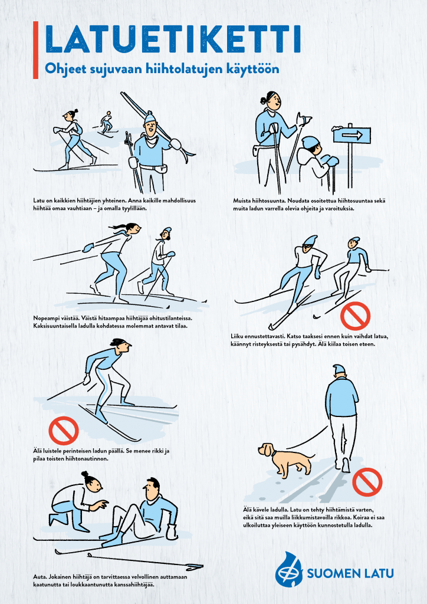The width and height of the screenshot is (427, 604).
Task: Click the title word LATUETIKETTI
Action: tap(173, 39)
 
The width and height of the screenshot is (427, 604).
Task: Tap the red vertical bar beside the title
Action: tap(36, 50)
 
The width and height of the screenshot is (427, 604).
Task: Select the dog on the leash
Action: tap(284, 459)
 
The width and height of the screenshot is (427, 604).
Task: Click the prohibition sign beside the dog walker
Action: tap(367, 482)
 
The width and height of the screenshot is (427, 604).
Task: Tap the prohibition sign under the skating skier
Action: tap(64, 431)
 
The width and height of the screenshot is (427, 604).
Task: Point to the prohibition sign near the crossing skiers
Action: tap(355, 316)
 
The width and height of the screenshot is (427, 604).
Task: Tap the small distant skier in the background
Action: tap(106, 123)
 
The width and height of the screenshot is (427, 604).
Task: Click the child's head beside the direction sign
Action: tap(312, 145)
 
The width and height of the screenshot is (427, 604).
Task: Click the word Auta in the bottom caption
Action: tap(38, 577)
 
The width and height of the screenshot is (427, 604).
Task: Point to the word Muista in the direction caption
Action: tap(241, 201)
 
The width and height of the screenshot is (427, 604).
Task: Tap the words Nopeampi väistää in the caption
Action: tap(56, 319)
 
